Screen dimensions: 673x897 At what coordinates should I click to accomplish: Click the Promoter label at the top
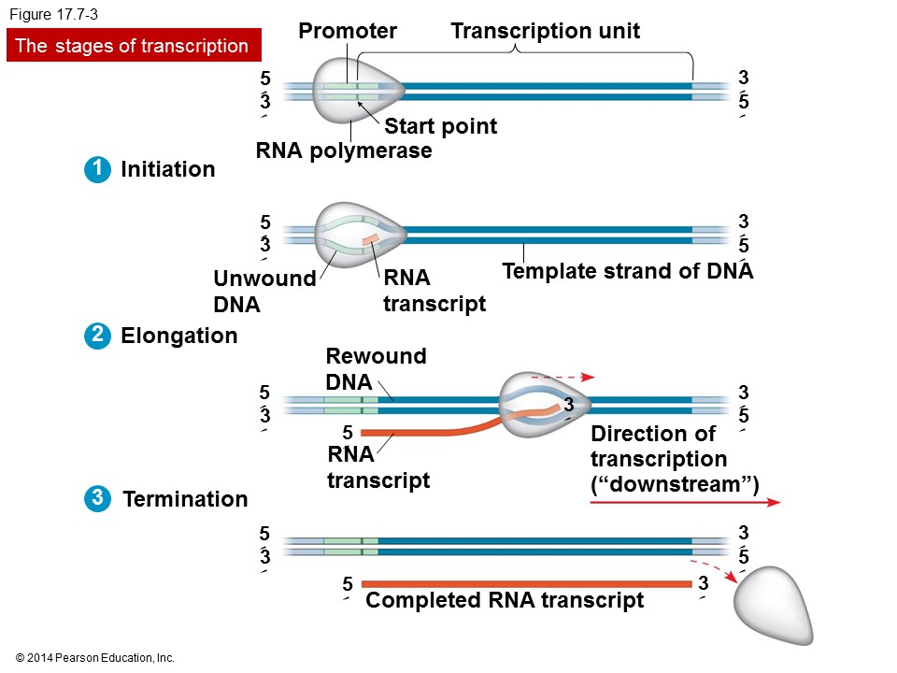[348, 32]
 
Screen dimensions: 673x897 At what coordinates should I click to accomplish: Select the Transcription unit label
[545, 32]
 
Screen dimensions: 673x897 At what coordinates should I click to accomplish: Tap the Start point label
[440, 126]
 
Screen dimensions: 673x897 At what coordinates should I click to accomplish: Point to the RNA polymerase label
[344, 150]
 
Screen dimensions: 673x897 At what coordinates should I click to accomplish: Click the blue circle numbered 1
[96, 169]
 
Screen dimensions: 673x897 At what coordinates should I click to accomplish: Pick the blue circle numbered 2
[96, 336]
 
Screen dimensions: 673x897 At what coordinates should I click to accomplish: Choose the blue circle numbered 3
[96, 498]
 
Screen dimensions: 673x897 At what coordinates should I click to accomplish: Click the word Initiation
[168, 170]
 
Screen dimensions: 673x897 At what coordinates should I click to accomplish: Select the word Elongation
[179, 336]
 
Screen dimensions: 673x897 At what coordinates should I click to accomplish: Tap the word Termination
[185, 499]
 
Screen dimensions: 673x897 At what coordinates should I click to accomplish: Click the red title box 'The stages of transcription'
[133, 46]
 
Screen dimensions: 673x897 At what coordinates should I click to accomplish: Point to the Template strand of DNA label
[627, 272]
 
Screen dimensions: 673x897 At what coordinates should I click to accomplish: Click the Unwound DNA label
[263, 292]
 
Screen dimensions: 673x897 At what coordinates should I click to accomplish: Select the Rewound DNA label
[375, 368]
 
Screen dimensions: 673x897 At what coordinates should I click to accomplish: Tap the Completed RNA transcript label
[505, 600]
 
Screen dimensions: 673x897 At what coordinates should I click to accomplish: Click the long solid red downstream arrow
[685, 502]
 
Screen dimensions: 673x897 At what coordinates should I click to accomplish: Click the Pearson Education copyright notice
[95, 658]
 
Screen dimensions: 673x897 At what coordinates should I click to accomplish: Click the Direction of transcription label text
[673, 459]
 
